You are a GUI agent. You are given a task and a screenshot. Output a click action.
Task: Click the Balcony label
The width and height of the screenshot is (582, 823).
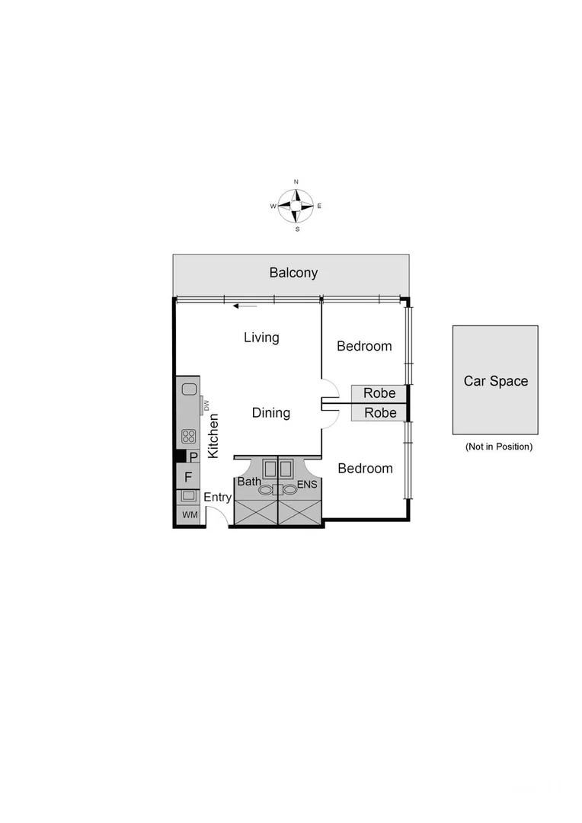click(293, 273)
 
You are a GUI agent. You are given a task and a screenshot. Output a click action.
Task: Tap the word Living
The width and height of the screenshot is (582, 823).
click(261, 337)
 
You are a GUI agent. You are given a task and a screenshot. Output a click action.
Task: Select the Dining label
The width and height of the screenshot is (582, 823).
click(271, 413)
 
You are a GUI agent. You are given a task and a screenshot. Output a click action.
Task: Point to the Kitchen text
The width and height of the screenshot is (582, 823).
click(214, 435)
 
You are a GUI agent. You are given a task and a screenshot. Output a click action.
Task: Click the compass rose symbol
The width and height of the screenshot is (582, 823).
click(296, 206)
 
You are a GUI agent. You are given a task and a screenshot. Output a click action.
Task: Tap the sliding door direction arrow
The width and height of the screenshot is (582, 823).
click(245, 306)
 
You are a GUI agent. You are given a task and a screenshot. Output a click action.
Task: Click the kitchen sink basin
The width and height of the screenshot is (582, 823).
click(189, 389)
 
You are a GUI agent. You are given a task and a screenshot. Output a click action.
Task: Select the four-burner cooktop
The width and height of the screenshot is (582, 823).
click(188, 437)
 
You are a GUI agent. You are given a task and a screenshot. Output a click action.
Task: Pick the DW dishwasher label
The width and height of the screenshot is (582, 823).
click(206, 405)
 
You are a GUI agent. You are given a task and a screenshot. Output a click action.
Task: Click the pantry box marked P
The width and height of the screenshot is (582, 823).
click(193, 457)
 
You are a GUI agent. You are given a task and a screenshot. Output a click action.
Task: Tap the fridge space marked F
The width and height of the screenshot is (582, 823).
click(188, 478)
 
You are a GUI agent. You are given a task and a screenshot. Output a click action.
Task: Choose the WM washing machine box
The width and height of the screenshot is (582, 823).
click(188, 516)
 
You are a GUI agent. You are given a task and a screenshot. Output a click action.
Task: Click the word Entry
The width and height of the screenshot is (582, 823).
click(218, 498)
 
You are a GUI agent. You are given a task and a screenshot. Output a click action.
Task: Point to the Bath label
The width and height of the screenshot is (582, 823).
click(249, 482)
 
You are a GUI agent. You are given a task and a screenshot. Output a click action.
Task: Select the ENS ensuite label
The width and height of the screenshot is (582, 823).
click(307, 484)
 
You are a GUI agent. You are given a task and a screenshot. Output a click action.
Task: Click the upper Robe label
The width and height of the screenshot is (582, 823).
click(379, 394)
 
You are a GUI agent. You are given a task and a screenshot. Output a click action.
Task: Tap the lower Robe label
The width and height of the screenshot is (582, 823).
click(379, 413)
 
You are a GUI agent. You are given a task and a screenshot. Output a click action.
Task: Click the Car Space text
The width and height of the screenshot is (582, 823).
click(495, 381)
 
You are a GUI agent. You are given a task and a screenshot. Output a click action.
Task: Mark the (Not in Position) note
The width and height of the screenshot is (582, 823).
click(498, 447)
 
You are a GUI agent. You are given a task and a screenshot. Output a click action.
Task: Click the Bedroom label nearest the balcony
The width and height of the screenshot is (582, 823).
click(364, 346)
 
